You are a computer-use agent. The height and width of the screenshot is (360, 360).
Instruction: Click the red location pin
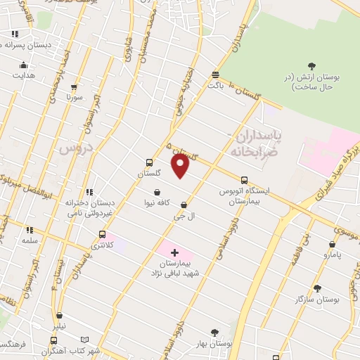[x=181, y=165]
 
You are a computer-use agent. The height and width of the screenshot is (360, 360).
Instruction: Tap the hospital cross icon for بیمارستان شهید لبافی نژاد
[x=175, y=252]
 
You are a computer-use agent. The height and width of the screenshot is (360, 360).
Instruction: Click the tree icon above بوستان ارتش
[x=312, y=66]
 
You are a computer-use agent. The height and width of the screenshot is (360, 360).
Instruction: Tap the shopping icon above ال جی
[x=184, y=205]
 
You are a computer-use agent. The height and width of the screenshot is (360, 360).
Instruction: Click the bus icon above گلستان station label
[x=148, y=162]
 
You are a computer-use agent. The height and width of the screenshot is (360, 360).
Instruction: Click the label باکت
[x=215, y=85]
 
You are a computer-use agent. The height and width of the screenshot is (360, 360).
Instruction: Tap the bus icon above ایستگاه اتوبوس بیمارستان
[x=244, y=180]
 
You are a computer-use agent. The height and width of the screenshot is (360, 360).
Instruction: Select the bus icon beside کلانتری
[x=103, y=234]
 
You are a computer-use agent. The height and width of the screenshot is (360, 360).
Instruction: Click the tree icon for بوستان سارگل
[x=317, y=288]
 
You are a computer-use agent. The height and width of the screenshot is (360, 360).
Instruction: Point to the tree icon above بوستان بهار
[x=215, y=333]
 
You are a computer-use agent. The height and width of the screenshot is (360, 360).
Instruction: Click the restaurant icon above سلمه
[x=30, y=230]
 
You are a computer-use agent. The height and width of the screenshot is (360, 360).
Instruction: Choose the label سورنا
[x=75, y=96]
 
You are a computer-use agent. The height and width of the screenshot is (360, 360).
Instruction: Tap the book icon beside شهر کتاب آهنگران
[x=85, y=339]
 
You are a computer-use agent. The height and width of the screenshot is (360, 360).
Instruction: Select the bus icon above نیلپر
[x=60, y=316]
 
